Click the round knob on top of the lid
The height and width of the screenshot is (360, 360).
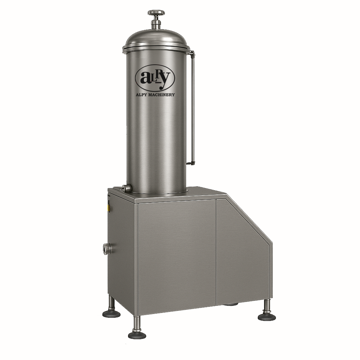pos(156,13)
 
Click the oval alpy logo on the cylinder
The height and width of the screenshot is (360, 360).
pos(155,78)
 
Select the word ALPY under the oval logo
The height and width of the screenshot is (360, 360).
pos(141,95)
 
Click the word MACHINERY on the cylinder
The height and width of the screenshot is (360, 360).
pos(160,95)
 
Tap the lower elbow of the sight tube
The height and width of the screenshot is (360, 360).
pos(191,162)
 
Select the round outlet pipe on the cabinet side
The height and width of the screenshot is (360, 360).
pos(107,249)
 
